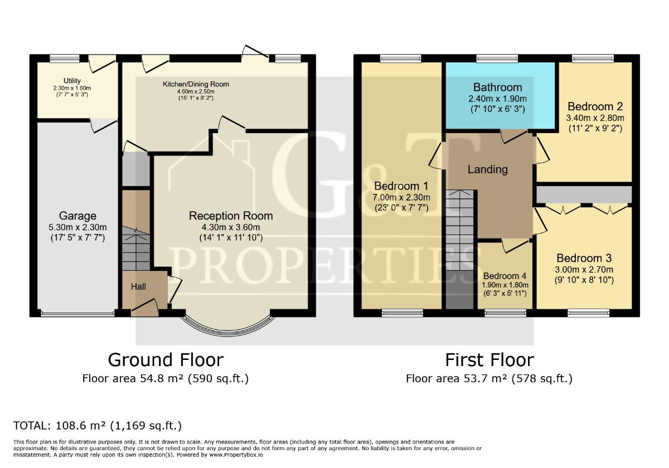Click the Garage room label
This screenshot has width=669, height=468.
click(x=77, y=216)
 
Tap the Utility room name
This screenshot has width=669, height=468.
click(x=72, y=81)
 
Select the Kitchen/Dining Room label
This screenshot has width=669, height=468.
click(x=196, y=84)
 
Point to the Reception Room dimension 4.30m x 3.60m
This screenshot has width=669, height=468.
click(x=231, y=227)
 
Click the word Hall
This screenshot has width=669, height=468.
click(x=138, y=287)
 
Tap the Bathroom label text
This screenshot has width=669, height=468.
click(x=497, y=87)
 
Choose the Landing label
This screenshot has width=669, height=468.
click(x=487, y=169)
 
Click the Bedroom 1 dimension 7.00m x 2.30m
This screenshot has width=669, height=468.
click(x=401, y=197)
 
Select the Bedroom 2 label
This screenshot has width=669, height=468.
click(x=595, y=106)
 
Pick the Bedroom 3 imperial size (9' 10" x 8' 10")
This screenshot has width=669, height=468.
click(x=584, y=280)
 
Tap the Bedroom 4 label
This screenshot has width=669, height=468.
click(x=505, y=276)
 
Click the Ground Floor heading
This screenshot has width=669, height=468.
click(x=166, y=360)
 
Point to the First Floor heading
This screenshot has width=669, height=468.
click(x=489, y=360)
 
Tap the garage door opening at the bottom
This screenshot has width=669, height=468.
click(x=77, y=313)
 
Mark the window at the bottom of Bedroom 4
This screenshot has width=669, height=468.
click(x=505, y=313)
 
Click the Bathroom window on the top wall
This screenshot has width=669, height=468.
click(x=497, y=58)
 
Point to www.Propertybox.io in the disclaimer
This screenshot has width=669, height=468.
click(x=236, y=455)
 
